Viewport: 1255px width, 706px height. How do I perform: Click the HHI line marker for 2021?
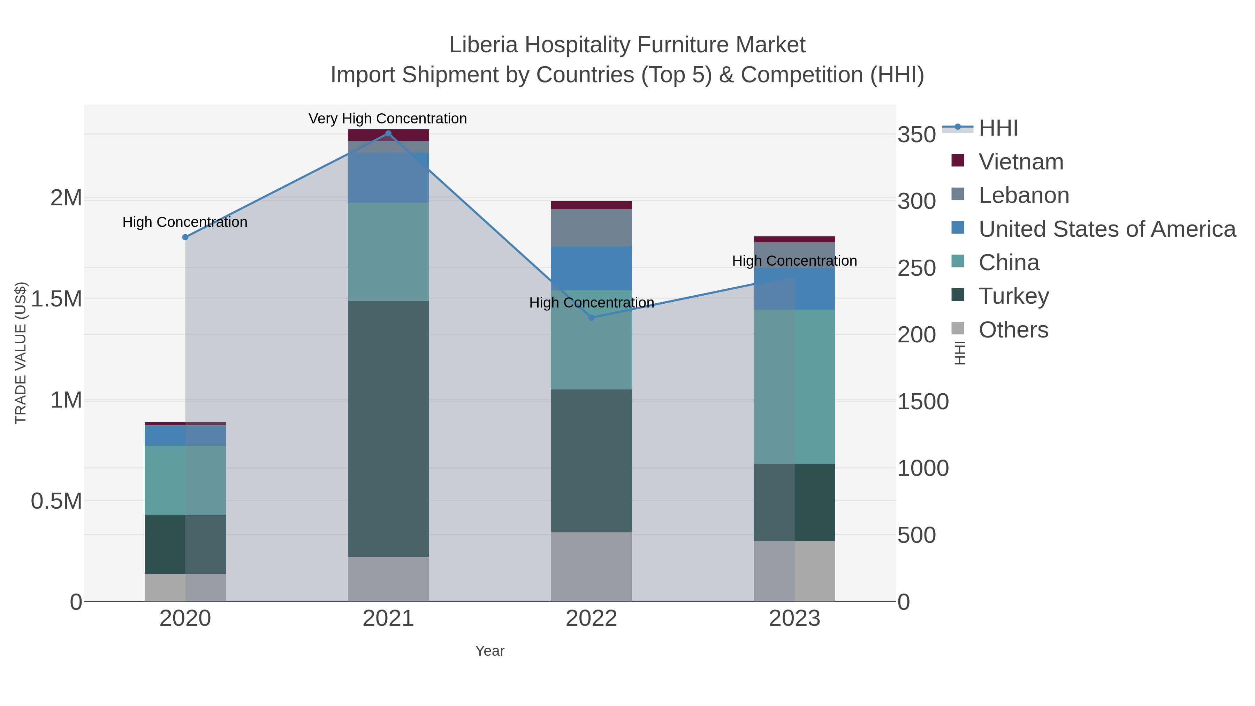click(388, 134)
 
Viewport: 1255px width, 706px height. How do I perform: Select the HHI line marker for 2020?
click(185, 237)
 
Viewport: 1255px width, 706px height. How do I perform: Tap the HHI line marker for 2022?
click(592, 318)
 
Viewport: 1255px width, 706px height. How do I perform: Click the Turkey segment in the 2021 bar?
click(388, 429)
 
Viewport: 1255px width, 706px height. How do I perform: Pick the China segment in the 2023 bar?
click(794, 386)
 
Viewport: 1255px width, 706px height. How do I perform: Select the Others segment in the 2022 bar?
click(592, 567)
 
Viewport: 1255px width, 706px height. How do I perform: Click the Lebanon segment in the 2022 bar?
click(592, 228)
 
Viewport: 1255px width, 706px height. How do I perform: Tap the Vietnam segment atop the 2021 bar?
click(388, 135)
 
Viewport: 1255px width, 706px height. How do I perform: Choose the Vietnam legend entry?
click(1021, 162)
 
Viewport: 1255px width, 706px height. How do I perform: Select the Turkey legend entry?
click(1013, 296)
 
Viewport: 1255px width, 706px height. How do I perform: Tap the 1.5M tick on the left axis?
click(56, 299)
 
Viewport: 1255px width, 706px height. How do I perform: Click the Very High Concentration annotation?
click(388, 119)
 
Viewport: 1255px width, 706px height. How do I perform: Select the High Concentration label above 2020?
click(185, 222)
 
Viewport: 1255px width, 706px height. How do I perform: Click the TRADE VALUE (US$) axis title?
click(21, 353)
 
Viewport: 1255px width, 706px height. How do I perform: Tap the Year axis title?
click(490, 651)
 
